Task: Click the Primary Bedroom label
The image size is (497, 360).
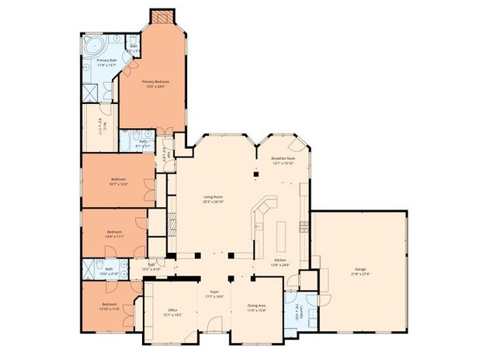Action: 155,81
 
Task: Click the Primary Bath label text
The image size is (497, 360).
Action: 106,60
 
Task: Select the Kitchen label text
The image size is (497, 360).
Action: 281,260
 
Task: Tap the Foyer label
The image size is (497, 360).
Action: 214,292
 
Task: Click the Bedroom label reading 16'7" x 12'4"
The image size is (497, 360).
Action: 118,180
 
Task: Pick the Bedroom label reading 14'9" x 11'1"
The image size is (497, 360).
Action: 114,232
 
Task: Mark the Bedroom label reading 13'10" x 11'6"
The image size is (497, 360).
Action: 109,304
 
